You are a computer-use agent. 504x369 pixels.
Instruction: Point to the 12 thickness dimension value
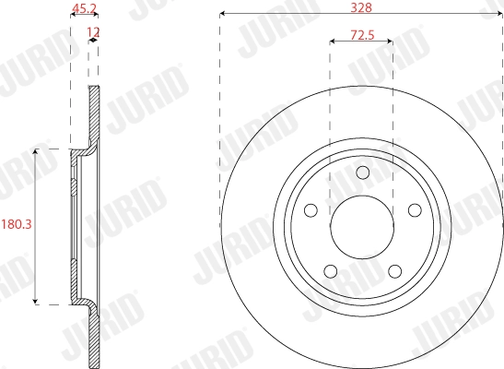91,32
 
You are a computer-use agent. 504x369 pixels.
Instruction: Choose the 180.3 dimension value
16,224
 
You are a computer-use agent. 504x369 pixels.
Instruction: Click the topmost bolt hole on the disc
361,173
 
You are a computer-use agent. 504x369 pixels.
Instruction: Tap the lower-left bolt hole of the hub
331,270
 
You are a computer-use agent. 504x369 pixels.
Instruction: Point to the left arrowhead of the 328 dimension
222,14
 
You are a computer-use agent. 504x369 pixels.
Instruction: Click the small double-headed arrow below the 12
93,42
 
